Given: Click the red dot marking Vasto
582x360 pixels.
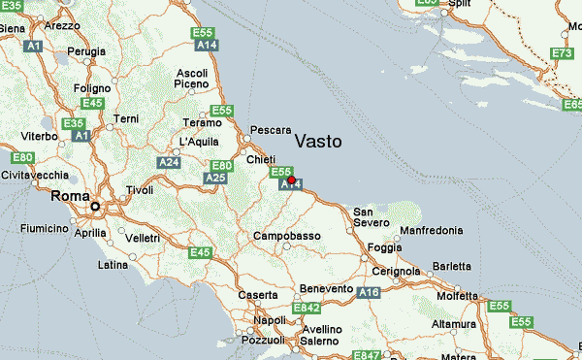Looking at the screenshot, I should pos(291,180).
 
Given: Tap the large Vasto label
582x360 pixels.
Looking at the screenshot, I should pos(317,142).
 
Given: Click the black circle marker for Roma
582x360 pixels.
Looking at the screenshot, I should pos(95,207).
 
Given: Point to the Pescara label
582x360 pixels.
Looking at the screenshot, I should pos(271,129).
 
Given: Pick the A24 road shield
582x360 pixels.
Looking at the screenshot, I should pos(169,162).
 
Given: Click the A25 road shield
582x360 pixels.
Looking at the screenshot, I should pos(215,179).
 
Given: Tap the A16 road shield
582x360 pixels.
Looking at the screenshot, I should pos(369,291).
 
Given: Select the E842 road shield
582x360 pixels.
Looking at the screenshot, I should pos(307,309).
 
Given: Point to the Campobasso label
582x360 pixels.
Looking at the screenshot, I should pos(286,236).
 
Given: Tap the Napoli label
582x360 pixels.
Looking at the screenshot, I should pos(270,320).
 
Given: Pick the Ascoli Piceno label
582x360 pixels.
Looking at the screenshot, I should pos(192,79).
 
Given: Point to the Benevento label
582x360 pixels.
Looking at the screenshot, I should pos(326,289).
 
